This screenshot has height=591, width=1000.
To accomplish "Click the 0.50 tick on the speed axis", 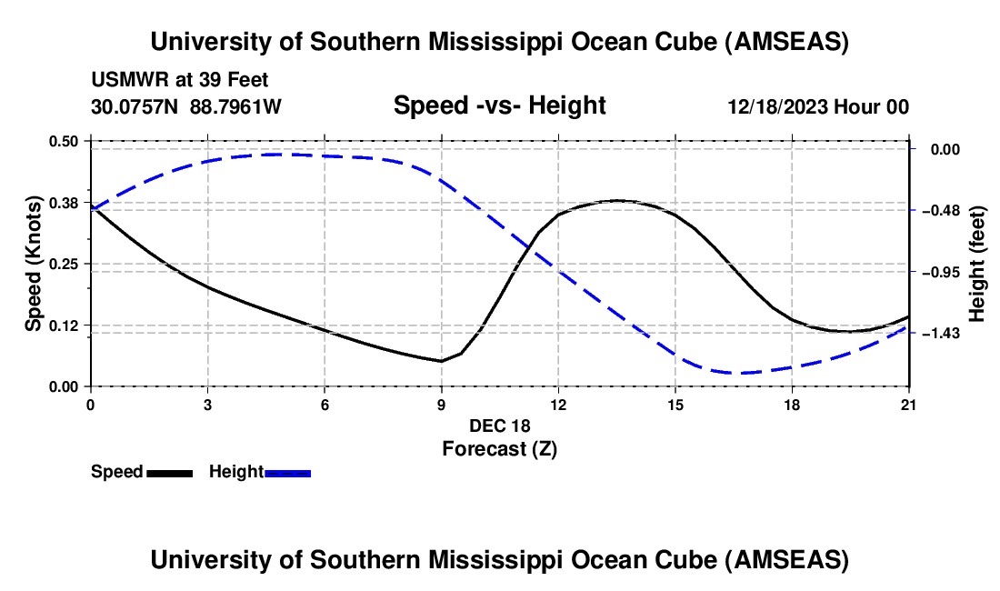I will click(x=65, y=141).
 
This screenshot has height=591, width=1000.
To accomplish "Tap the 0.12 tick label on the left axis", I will click(x=65, y=326).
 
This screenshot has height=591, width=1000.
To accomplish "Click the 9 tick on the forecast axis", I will click(x=441, y=403).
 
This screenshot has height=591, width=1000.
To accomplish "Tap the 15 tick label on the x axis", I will click(x=675, y=403).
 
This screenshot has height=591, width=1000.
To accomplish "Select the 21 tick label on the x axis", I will click(x=909, y=403).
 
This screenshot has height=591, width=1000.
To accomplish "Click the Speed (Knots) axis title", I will click(x=33, y=264).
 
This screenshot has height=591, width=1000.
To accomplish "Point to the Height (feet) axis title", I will click(x=978, y=264).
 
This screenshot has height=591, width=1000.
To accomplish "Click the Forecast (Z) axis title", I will click(x=499, y=448).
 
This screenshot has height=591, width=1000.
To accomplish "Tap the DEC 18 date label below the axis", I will click(x=499, y=426).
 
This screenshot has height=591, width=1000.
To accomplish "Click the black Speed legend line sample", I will click(x=169, y=473).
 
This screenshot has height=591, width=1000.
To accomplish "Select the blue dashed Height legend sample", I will click(x=288, y=473).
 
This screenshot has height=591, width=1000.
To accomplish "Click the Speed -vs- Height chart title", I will click(x=499, y=105).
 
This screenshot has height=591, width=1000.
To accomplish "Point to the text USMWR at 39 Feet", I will click(x=179, y=80).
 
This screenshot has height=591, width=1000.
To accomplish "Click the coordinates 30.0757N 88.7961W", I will click(x=186, y=106).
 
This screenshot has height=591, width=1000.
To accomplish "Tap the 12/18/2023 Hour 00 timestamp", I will click(x=818, y=106).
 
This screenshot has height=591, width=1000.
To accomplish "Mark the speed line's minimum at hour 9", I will click(x=441, y=361).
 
